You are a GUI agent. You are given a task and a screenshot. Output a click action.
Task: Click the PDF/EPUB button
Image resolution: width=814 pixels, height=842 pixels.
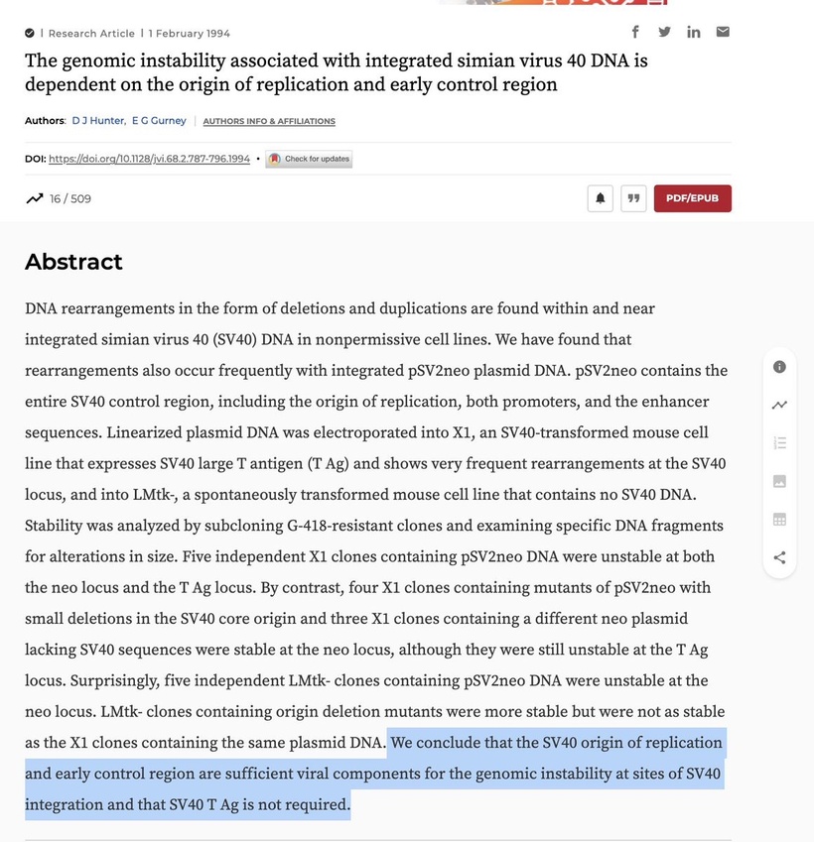(692, 198)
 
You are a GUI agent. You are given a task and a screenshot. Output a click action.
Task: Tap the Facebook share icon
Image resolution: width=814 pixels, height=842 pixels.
(635, 32)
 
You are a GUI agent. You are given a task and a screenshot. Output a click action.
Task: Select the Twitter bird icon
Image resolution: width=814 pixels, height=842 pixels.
(664, 32)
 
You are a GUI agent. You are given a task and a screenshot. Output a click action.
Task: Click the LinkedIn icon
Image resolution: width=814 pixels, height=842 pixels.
(694, 32)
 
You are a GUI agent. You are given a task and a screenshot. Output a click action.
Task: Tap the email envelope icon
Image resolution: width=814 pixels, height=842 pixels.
(723, 32)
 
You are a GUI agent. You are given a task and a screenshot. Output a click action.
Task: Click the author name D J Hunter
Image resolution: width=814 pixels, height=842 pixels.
(98, 121)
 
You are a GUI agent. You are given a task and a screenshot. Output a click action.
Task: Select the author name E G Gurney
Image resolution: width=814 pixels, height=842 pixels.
(159, 121)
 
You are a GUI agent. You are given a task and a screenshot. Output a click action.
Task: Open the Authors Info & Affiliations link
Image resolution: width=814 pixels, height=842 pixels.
(269, 122)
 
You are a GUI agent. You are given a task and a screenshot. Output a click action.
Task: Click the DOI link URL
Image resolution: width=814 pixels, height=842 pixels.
(149, 159)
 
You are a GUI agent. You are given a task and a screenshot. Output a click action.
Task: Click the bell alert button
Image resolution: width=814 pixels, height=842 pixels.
(600, 198)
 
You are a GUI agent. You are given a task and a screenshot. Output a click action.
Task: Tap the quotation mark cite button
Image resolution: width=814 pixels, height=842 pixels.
(633, 198)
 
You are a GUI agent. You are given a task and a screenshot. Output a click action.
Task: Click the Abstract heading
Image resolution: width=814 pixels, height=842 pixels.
(73, 262)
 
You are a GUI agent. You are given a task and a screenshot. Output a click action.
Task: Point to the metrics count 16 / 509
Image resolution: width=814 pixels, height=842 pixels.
(70, 198)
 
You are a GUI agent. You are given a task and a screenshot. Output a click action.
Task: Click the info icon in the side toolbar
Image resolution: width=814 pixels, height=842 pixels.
(779, 367)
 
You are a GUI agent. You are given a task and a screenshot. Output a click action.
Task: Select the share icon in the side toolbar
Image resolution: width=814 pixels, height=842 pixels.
(779, 557)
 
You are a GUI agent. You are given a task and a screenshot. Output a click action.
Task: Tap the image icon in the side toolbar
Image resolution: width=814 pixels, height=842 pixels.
(779, 481)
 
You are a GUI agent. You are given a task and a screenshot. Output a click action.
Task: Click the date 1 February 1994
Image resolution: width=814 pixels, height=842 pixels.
(190, 34)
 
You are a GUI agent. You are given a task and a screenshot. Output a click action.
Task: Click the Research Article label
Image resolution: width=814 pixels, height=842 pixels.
(91, 34)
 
